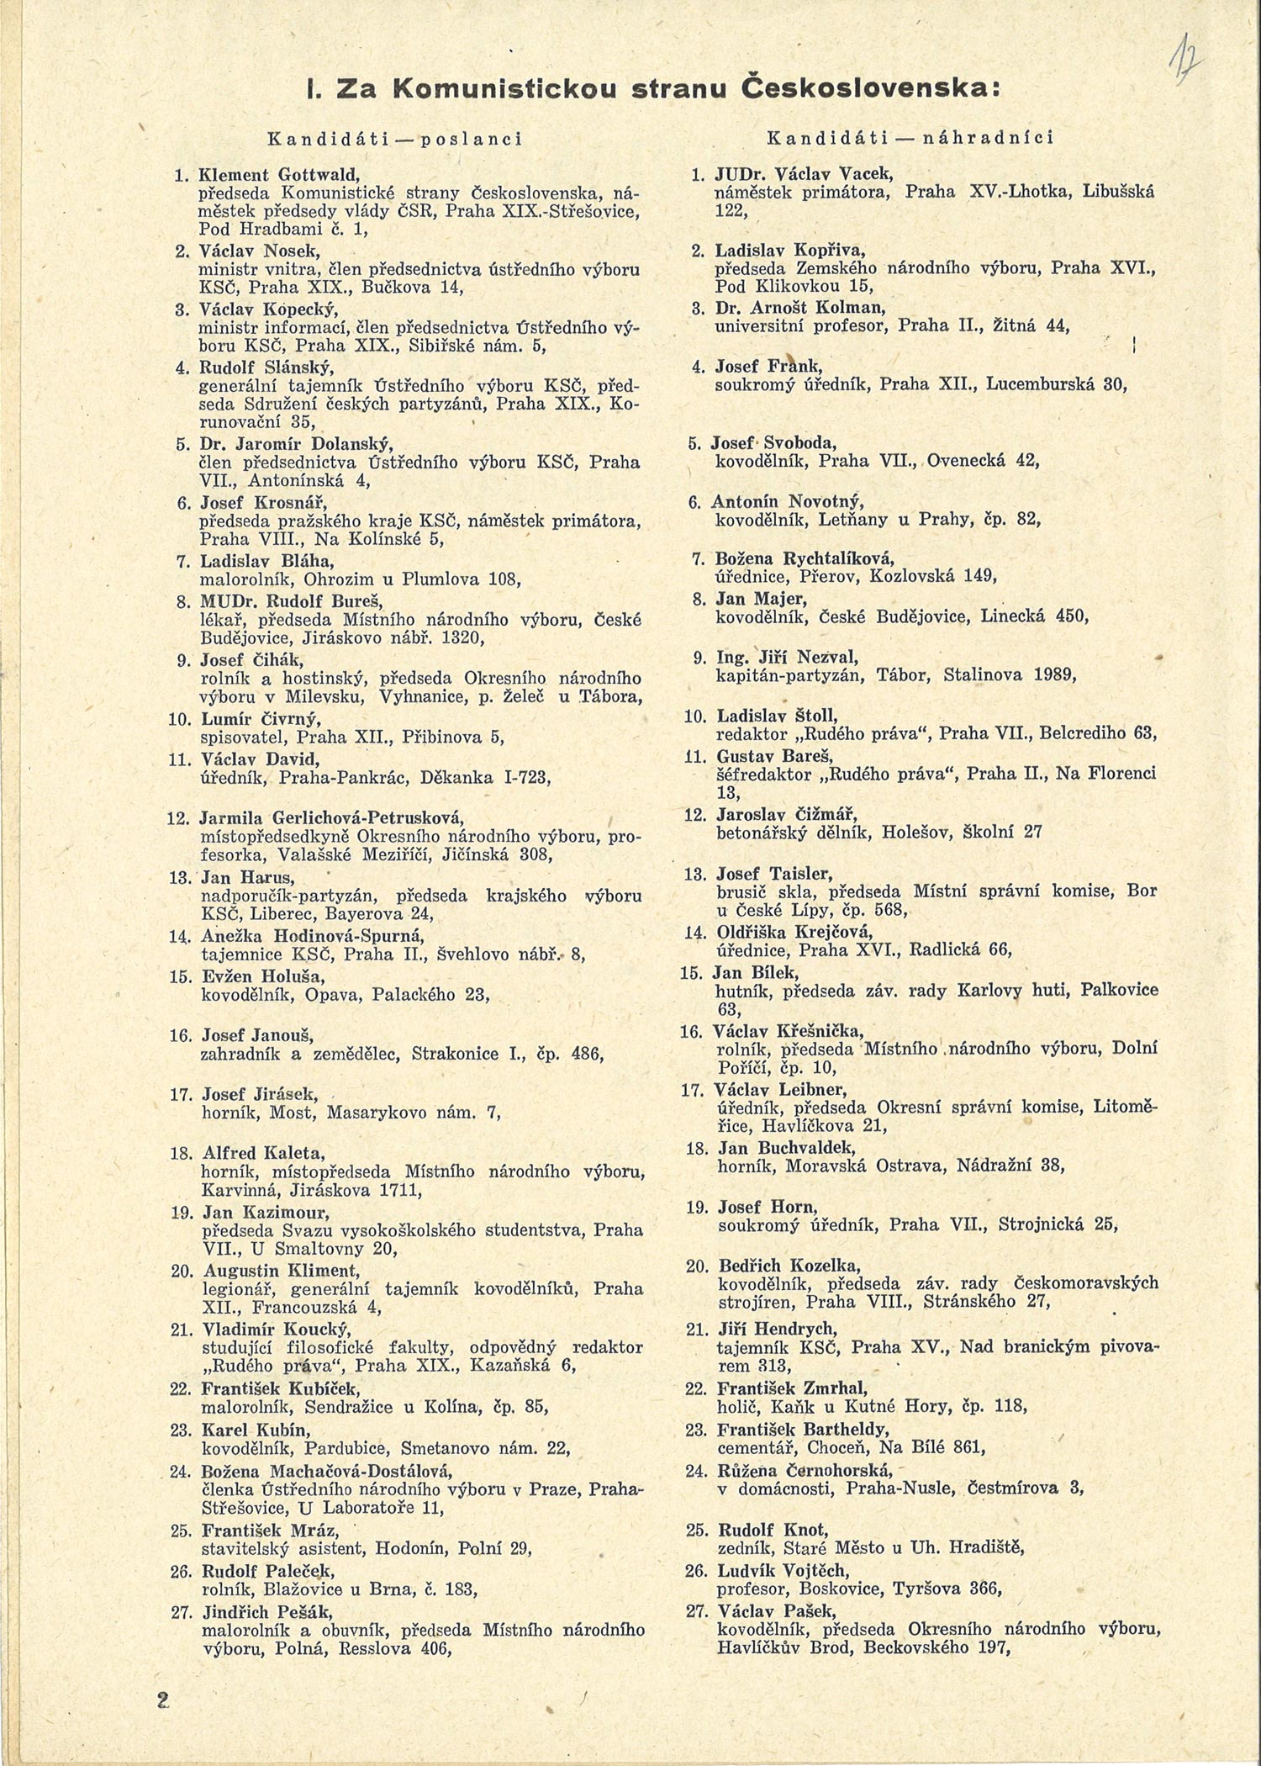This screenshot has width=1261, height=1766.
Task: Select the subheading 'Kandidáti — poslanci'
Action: pyautogui.click(x=394, y=138)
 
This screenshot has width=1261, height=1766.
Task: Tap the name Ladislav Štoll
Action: pyautogui.click(x=777, y=716)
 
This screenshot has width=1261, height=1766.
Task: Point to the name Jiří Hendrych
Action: pyautogui.click(x=778, y=1329)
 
